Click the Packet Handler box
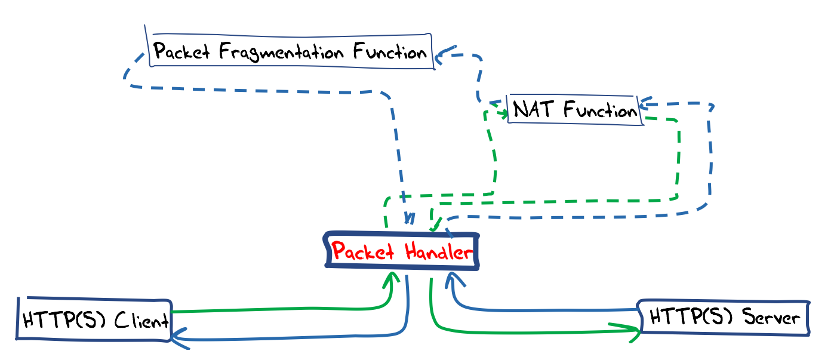402,251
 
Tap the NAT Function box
575,110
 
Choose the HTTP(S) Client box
94,321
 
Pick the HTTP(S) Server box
724,317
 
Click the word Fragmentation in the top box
282,51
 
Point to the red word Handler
439,251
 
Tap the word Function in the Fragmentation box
390,51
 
